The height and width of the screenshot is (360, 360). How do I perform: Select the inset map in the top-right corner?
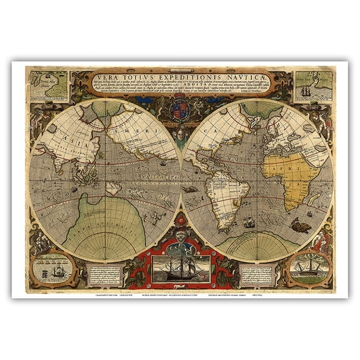(x=314, y=86)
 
